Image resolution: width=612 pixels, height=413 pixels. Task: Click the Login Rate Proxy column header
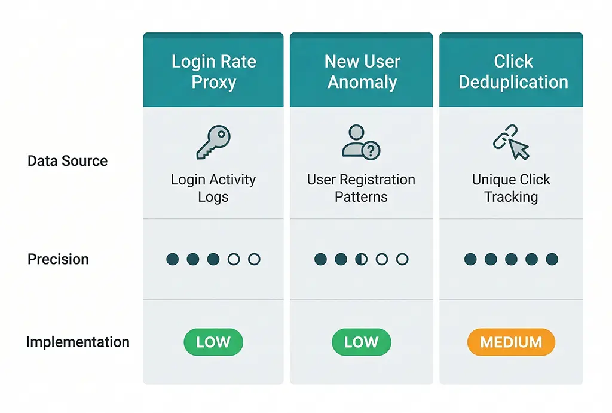pyautogui.click(x=213, y=71)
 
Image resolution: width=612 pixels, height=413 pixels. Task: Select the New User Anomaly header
pyautogui.click(x=362, y=71)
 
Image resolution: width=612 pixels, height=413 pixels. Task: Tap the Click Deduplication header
pyautogui.click(x=513, y=71)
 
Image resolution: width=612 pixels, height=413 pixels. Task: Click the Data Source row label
pyautogui.click(x=68, y=161)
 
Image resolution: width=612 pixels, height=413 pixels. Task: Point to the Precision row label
pyautogui.click(x=58, y=259)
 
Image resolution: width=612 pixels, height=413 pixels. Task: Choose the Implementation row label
pyautogui.click(x=78, y=342)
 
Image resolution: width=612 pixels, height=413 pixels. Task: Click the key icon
pyautogui.click(x=213, y=142)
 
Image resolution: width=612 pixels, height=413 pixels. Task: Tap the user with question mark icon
pyautogui.click(x=361, y=142)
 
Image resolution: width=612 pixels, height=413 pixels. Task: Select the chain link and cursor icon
pyautogui.click(x=511, y=142)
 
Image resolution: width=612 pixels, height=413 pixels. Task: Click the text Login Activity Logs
pyautogui.click(x=213, y=188)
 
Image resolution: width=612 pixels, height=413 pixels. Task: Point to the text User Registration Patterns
pyautogui.click(x=361, y=188)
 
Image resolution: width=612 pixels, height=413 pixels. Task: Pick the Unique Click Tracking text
pyautogui.click(x=511, y=188)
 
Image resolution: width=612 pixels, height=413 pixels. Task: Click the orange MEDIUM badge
pyautogui.click(x=511, y=342)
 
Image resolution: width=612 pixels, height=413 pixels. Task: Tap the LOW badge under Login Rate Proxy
pyautogui.click(x=213, y=342)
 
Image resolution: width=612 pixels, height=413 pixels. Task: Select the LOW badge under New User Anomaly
pyautogui.click(x=361, y=342)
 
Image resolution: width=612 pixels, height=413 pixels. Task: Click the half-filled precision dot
pyautogui.click(x=362, y=259)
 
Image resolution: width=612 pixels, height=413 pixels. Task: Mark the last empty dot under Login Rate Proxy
pyautogui.click(x=254, y=259)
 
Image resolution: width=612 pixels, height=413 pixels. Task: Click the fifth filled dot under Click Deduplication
pyautogui.click(x=552, y=259)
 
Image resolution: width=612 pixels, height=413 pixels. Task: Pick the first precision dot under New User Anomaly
pyautogui.click(x=321, y=259)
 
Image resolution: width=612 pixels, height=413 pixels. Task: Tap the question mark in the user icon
pyautogui.click(x=371, y=151)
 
